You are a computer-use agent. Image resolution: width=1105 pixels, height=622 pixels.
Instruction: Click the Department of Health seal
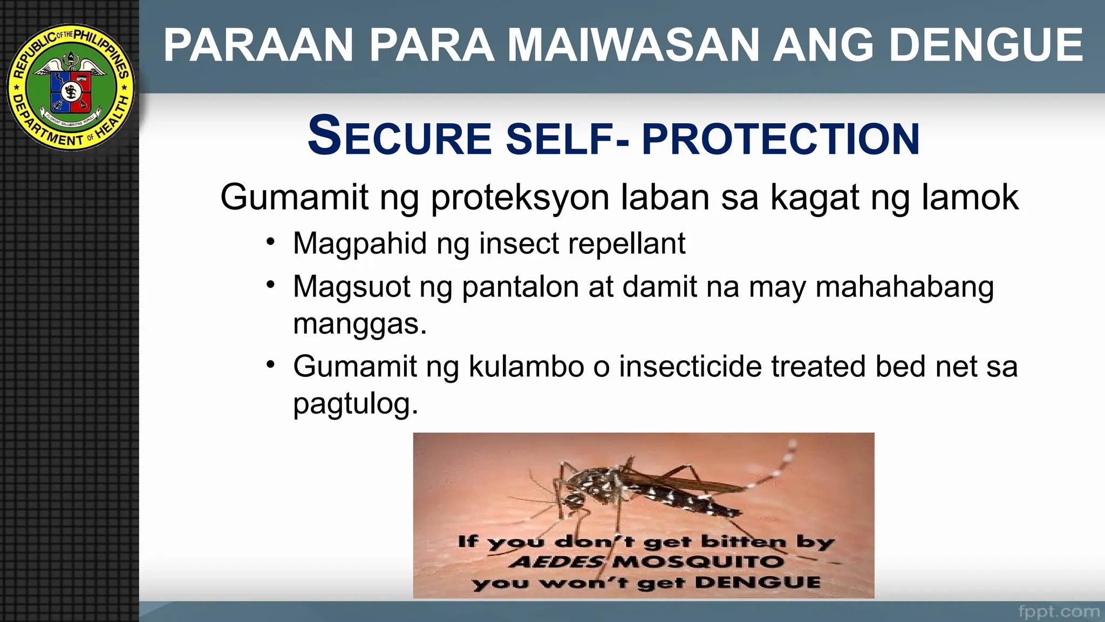pyautogui.click(x=71, y=87)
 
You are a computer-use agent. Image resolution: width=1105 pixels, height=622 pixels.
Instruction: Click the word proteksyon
pyautogui.click(x=520, y=197)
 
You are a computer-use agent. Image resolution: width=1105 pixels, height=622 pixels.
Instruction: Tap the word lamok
pyautogui.click(x=970, y=197)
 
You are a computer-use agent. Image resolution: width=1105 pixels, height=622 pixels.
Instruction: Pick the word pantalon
pyautogui.click(x=520, y=287)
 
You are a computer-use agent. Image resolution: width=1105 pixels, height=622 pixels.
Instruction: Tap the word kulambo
pyautogui.click(x=526, y=367)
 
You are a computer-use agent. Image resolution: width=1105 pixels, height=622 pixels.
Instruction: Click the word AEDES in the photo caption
pyautogui.click(x=556, y=562)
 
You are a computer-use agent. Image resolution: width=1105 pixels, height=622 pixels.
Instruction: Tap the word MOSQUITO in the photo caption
pyautogui.click(x=698, y=562)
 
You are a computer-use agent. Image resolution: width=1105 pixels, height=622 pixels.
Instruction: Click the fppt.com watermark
pyautogui.click(x=1059, y=612)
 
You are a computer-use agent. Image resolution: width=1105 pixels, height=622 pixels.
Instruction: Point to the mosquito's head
pyautogui.click(x=573, y=498)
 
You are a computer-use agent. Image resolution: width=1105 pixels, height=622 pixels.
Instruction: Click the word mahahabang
pyautogui.click(x=904, y=287)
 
